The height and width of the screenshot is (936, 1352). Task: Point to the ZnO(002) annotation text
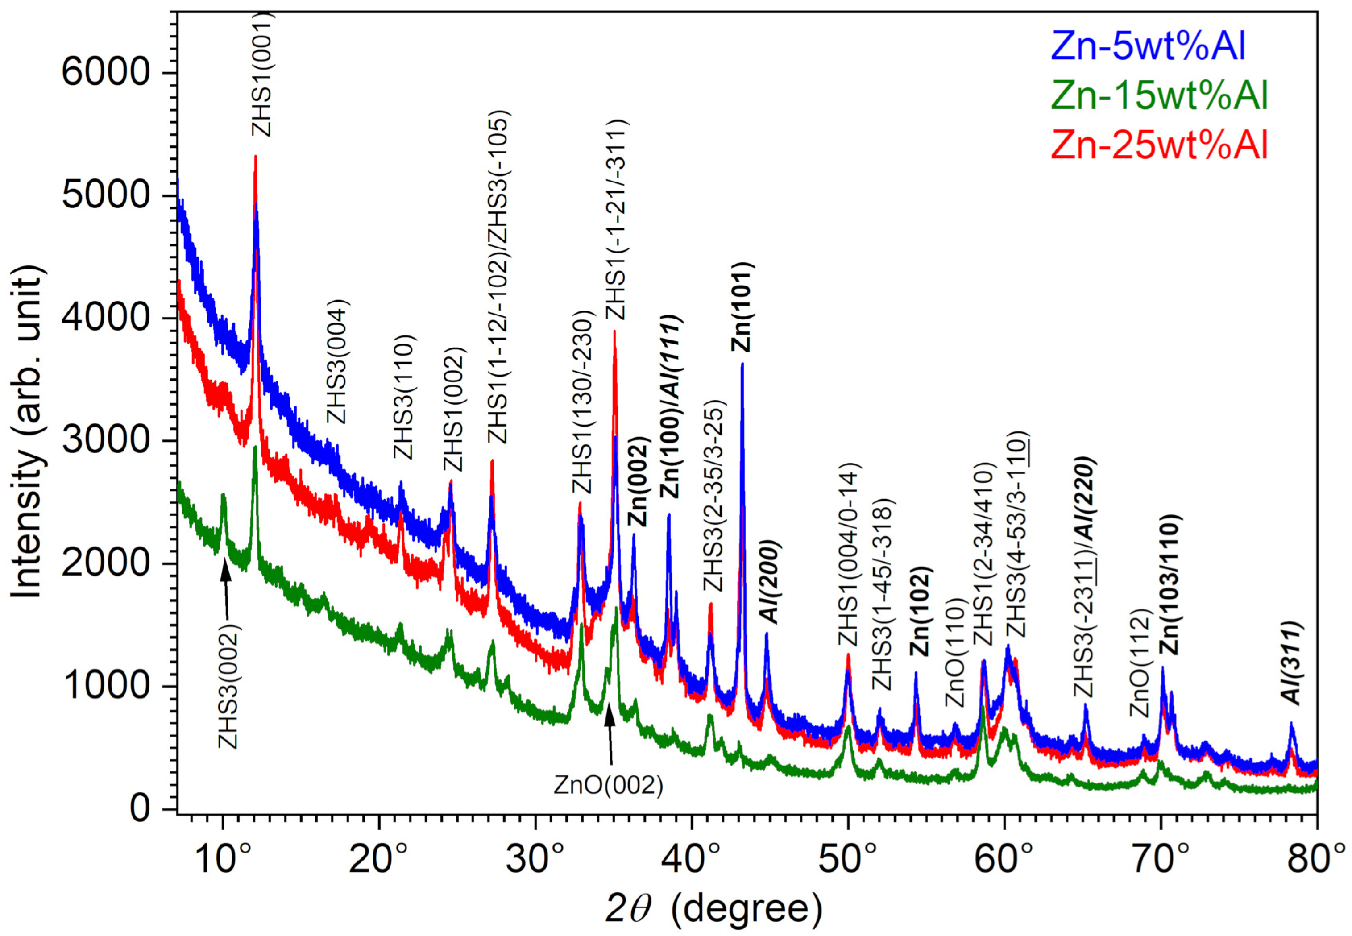pyautogui.click(x=608, y=786)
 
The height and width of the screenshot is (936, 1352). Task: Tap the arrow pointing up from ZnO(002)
pyautogui.click(x=610, y=733)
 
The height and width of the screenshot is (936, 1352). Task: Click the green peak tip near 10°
pyautogui.click(x=223, y=496)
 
